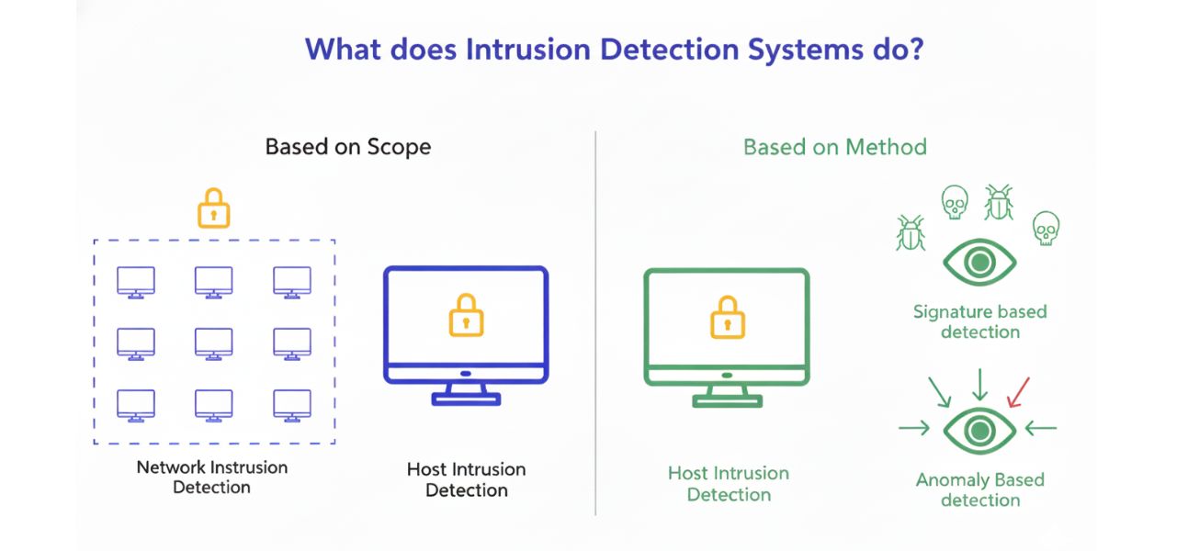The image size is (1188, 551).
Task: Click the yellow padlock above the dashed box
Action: point(214,208)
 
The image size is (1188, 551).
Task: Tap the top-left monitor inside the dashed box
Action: point(136,282)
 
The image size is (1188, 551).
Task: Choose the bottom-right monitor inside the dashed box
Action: point(292,405)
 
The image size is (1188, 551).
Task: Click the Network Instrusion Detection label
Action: point(212,477)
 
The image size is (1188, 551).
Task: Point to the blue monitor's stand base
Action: point(466,399)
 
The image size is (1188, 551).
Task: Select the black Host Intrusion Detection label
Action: point(466,479)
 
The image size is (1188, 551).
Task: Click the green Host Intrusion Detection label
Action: point(728,484)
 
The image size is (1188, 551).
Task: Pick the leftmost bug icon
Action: point(910,233)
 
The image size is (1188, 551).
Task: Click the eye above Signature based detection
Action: point(979,262)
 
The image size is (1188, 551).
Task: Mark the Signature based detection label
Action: point(979,321)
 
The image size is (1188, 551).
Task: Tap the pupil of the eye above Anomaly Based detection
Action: point(979,428)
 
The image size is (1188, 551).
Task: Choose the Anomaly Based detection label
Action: point(979,489)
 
